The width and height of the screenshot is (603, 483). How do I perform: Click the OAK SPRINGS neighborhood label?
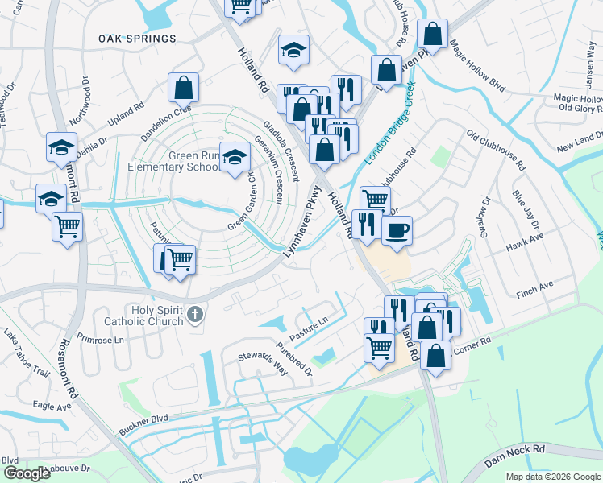(x=137, y=39)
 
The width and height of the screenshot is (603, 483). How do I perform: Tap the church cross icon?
(x=194, y=315)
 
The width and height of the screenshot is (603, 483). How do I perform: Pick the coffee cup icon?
(x=397, y=231)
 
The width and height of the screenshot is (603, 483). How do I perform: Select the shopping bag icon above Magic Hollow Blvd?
(x=433, y=35)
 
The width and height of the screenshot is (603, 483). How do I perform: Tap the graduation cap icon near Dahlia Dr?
(x=61, y=147)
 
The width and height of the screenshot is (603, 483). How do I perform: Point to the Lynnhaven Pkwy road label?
(x=302, y=222)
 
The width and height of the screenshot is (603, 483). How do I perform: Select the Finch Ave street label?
(x=534, y=287)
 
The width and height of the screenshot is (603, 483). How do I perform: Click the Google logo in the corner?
(x=27, y=473)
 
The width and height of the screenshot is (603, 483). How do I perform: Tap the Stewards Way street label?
(x=262, y=363)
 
